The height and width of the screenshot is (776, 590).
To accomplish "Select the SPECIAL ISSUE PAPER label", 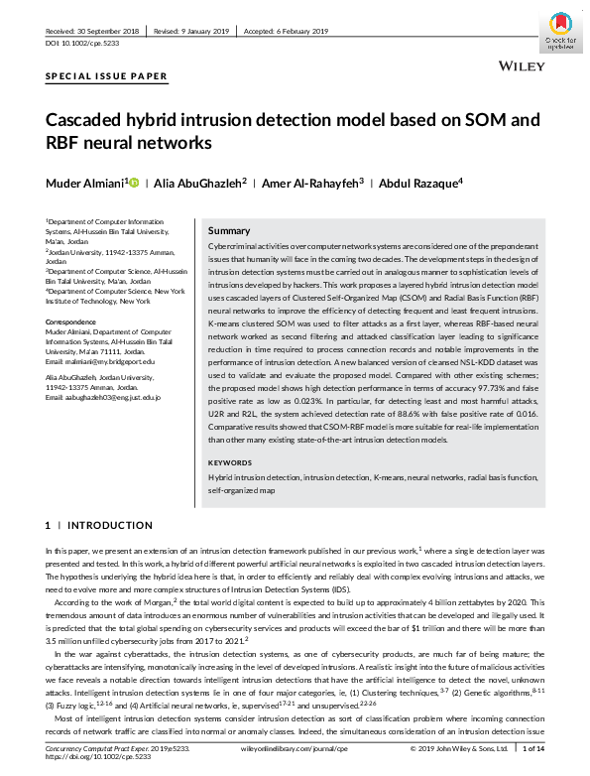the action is point(106,76).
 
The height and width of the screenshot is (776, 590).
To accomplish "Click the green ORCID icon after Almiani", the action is point(134,183).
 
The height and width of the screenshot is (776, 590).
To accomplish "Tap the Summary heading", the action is point(229,229).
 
